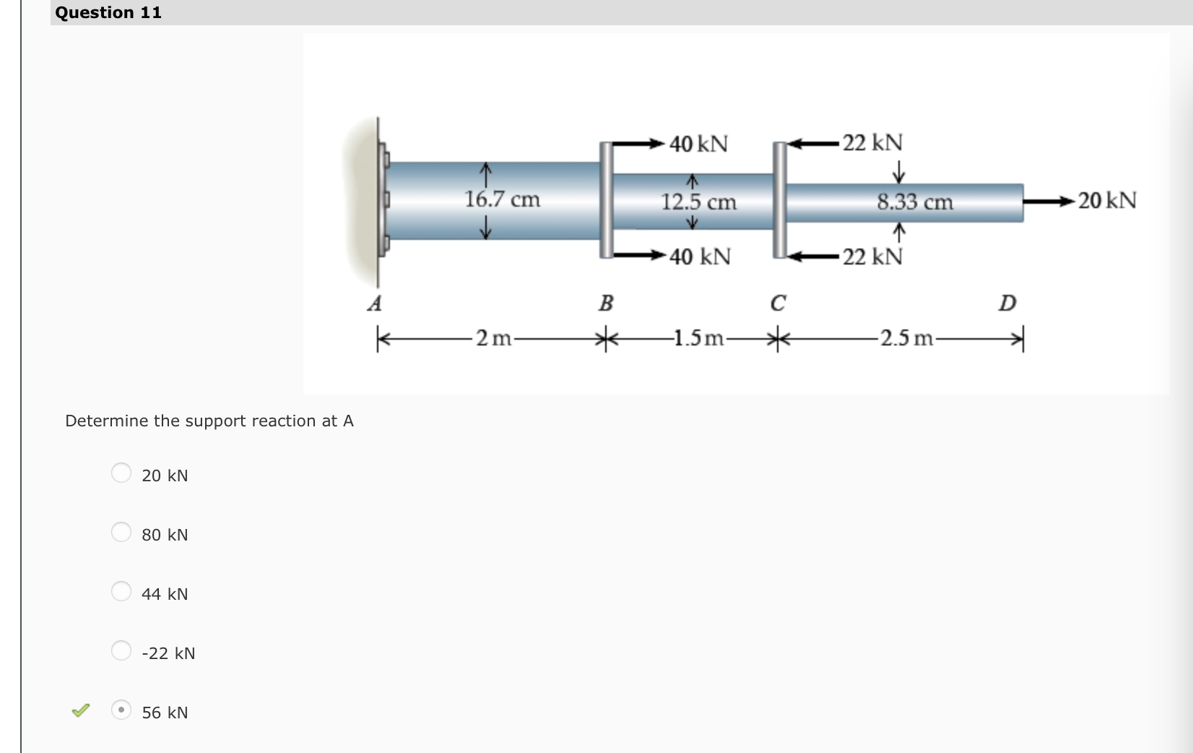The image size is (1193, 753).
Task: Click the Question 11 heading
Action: coord(108,12)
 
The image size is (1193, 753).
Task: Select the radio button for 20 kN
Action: coord(121,473)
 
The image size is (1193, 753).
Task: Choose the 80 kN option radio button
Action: coord(121,532)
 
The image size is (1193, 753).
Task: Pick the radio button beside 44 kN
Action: coord(121,591)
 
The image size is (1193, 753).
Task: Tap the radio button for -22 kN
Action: coord(121,650)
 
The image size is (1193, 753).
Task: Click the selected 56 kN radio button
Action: coord(121,710)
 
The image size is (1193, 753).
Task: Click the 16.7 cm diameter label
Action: coord(502,199)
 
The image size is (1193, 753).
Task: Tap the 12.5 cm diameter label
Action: coord(698,202)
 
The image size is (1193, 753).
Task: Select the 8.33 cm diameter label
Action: coord(915,202)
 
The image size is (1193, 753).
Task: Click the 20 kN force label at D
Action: coord(1107,200)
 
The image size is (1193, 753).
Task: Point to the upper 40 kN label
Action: coord(698,143)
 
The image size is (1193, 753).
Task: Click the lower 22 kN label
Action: coord(872,257)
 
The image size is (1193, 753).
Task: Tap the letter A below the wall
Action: coord(374,303)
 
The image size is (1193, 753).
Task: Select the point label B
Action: coord(605,303)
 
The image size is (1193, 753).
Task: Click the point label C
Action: coord(778,303)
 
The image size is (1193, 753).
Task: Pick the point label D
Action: coord(1007,303)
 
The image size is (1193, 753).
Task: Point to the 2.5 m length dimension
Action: coord(907,337)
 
